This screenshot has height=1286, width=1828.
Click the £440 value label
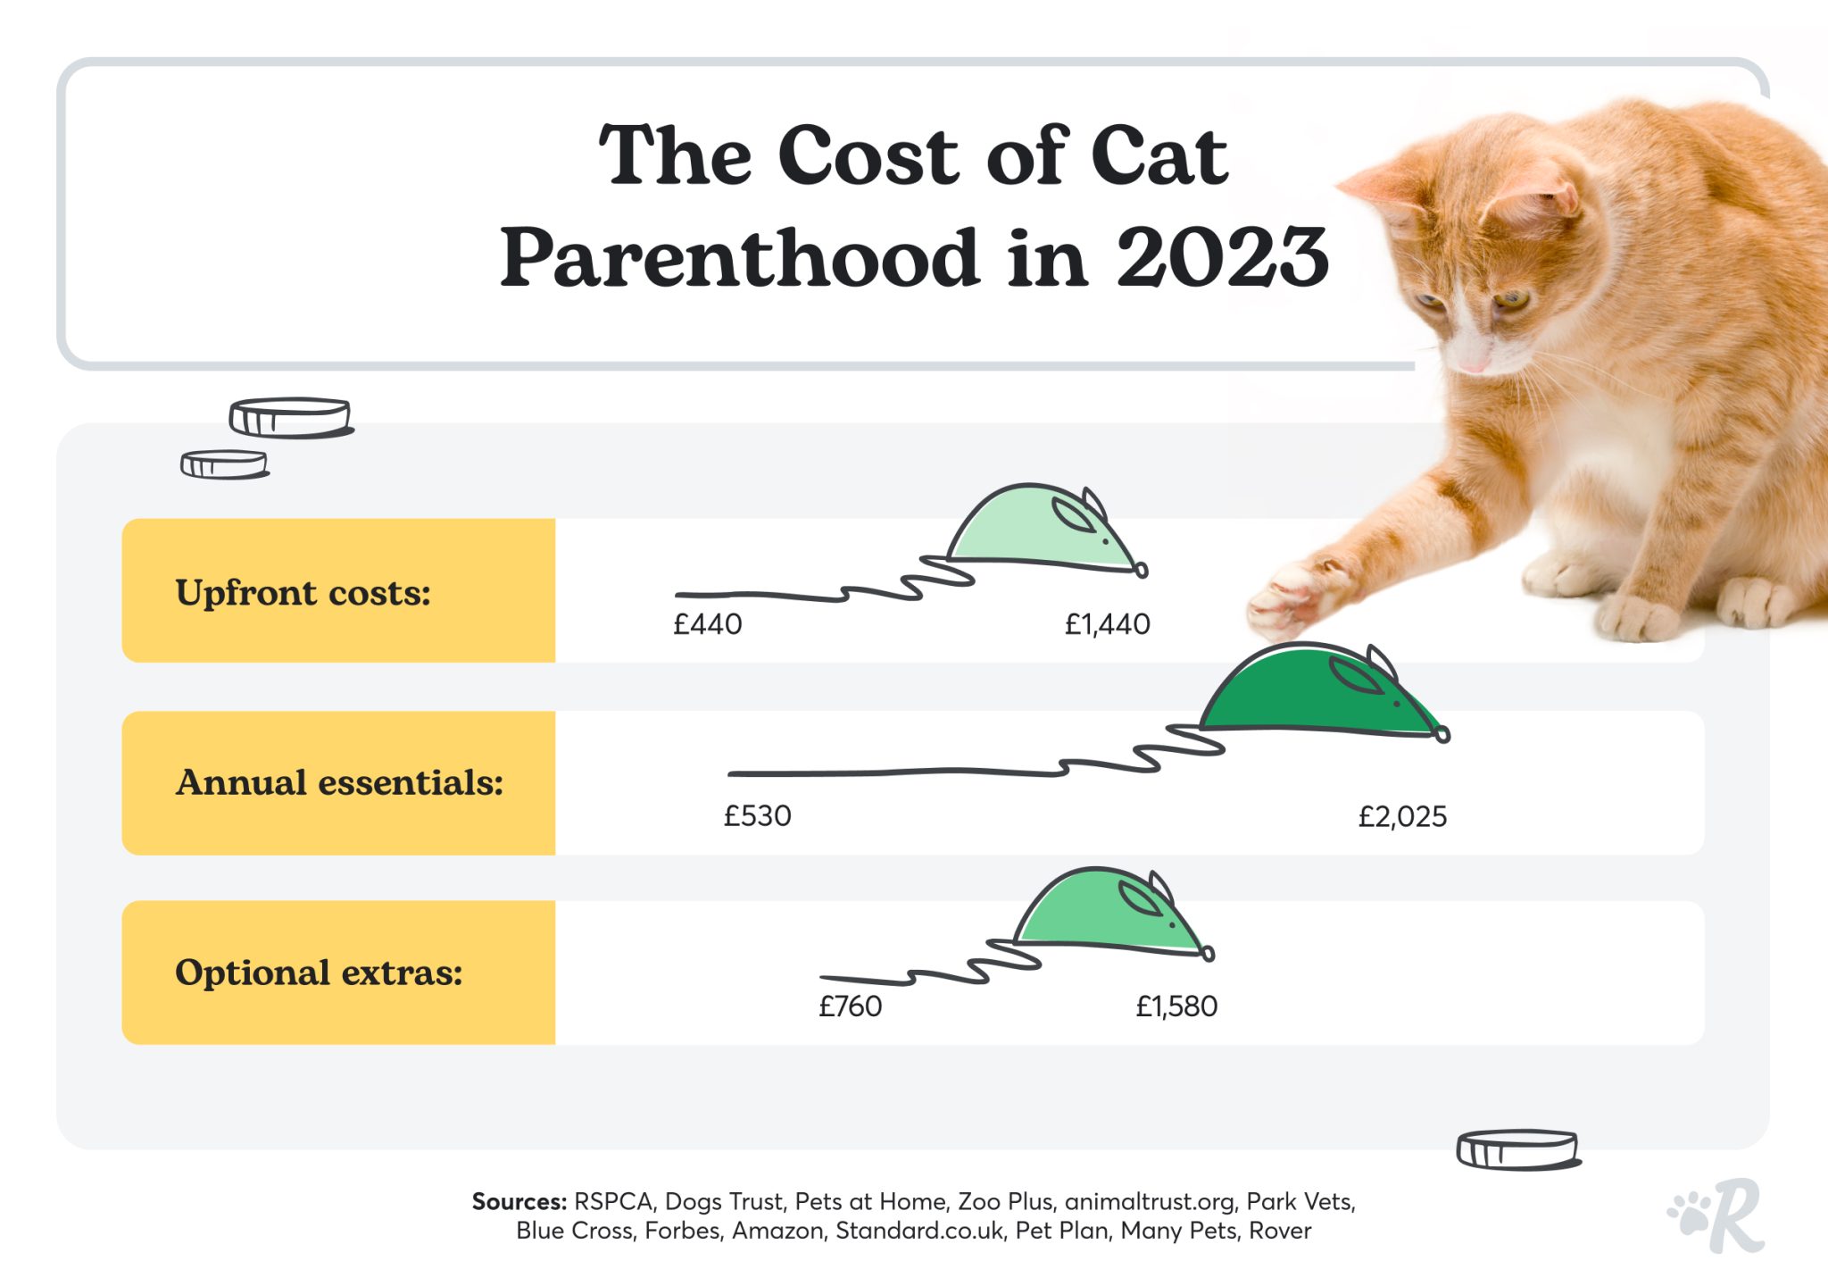[707, 623]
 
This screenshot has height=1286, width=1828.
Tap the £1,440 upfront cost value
[1107, 623]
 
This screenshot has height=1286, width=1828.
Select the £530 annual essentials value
[757, 815]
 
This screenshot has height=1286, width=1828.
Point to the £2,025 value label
[1402, 816]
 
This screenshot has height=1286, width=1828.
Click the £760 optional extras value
[850, 1006]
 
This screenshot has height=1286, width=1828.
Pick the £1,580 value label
[1176, 1006]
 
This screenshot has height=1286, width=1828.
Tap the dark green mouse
[1312, 692]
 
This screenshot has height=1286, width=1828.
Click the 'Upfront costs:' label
[303, 593]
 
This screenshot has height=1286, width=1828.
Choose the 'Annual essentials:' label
[339, 783]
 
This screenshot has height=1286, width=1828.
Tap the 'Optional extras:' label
[319, 973]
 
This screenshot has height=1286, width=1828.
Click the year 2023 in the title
[1222, 258]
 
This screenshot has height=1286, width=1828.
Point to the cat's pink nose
[1473, 363]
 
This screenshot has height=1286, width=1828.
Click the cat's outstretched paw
[1294, 594]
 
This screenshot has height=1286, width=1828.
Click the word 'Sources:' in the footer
[519, 1202]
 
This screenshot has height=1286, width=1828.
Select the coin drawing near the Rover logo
[1517, 1149]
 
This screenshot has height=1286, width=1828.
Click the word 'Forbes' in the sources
[682, 1231]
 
